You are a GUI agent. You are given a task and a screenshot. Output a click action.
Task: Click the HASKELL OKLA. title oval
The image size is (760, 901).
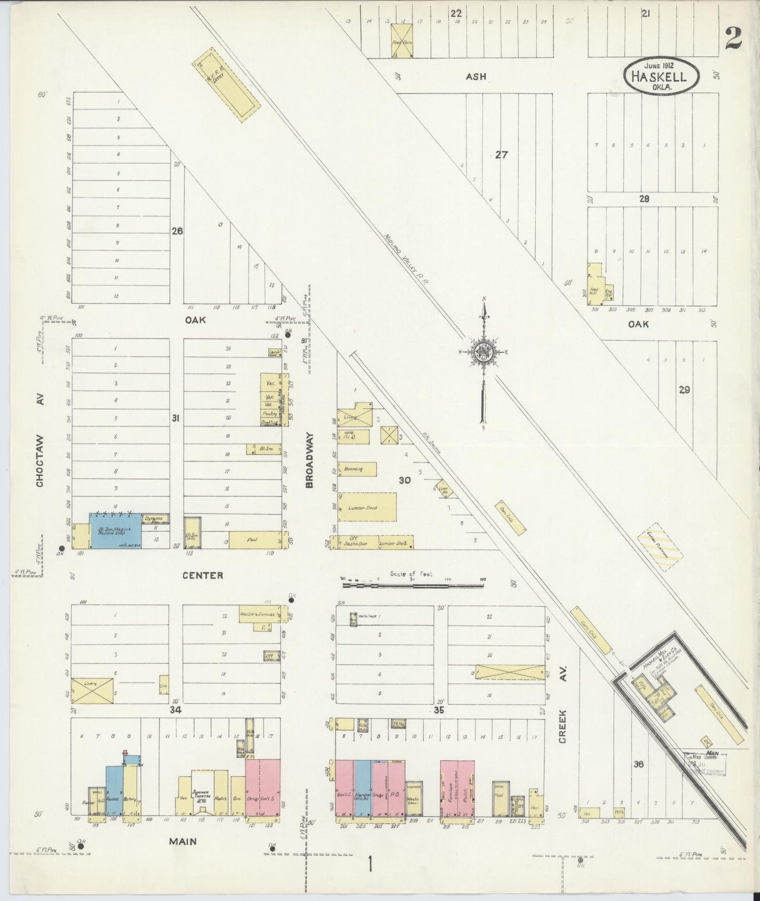click(x=662, y=77)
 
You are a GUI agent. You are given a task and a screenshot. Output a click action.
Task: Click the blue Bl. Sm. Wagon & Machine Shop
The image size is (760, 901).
click(x=115, y=531)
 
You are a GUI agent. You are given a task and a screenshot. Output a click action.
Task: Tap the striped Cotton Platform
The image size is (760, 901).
click(x=660, y=547)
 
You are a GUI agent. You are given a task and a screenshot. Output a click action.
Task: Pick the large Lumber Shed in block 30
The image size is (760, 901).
click(x=367, y=507)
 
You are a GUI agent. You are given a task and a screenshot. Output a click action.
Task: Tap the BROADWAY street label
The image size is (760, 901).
click(x=310, y=460)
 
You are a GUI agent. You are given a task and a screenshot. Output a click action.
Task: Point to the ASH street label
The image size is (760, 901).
click(x=475, y=76)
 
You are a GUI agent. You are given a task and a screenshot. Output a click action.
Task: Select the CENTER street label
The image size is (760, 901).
click(x=202, y=576)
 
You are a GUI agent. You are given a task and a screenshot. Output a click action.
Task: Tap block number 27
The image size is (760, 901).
click(x=501, y=155)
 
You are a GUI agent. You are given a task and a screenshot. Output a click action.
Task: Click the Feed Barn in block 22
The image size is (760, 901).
click(x=402, y=41)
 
